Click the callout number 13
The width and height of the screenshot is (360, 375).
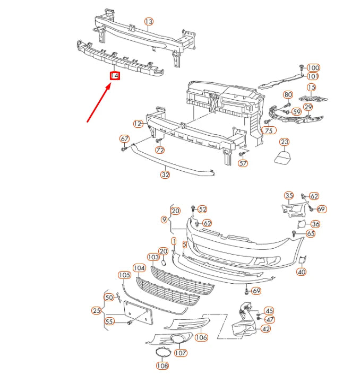[x=149, y=21]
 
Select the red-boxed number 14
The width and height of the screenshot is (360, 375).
[x=115, y=76]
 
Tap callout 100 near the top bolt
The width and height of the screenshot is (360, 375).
[x=313, y=67]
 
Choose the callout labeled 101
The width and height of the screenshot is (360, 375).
[x=313, y=76]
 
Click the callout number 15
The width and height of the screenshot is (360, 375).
[x=311, y=87]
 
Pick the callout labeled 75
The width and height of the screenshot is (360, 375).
[x=269, y=130]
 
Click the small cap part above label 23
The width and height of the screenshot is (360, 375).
[x=284, y=157]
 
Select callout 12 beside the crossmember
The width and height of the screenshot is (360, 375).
[x=138, y=124]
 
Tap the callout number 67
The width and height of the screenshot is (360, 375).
[x=125, y=139]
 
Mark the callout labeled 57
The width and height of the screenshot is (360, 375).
[x=243, y=163]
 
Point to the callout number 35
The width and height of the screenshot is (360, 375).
[x=288, y=196]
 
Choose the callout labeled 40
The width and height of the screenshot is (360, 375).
[x=301, y=272]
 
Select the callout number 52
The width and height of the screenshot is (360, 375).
[x=202, y=210]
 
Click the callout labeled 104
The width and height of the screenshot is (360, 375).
[x=139, y=268]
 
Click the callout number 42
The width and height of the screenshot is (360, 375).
[x=265, y=328]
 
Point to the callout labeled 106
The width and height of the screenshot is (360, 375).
[x=201, y=336]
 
